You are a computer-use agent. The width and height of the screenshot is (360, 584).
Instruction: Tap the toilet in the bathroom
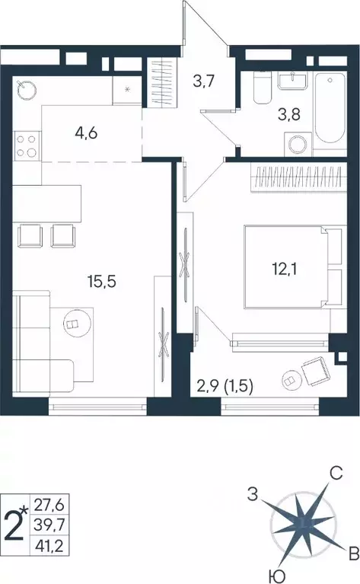[260, 89]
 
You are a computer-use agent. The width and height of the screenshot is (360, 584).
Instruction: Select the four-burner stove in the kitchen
[27, 145]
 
